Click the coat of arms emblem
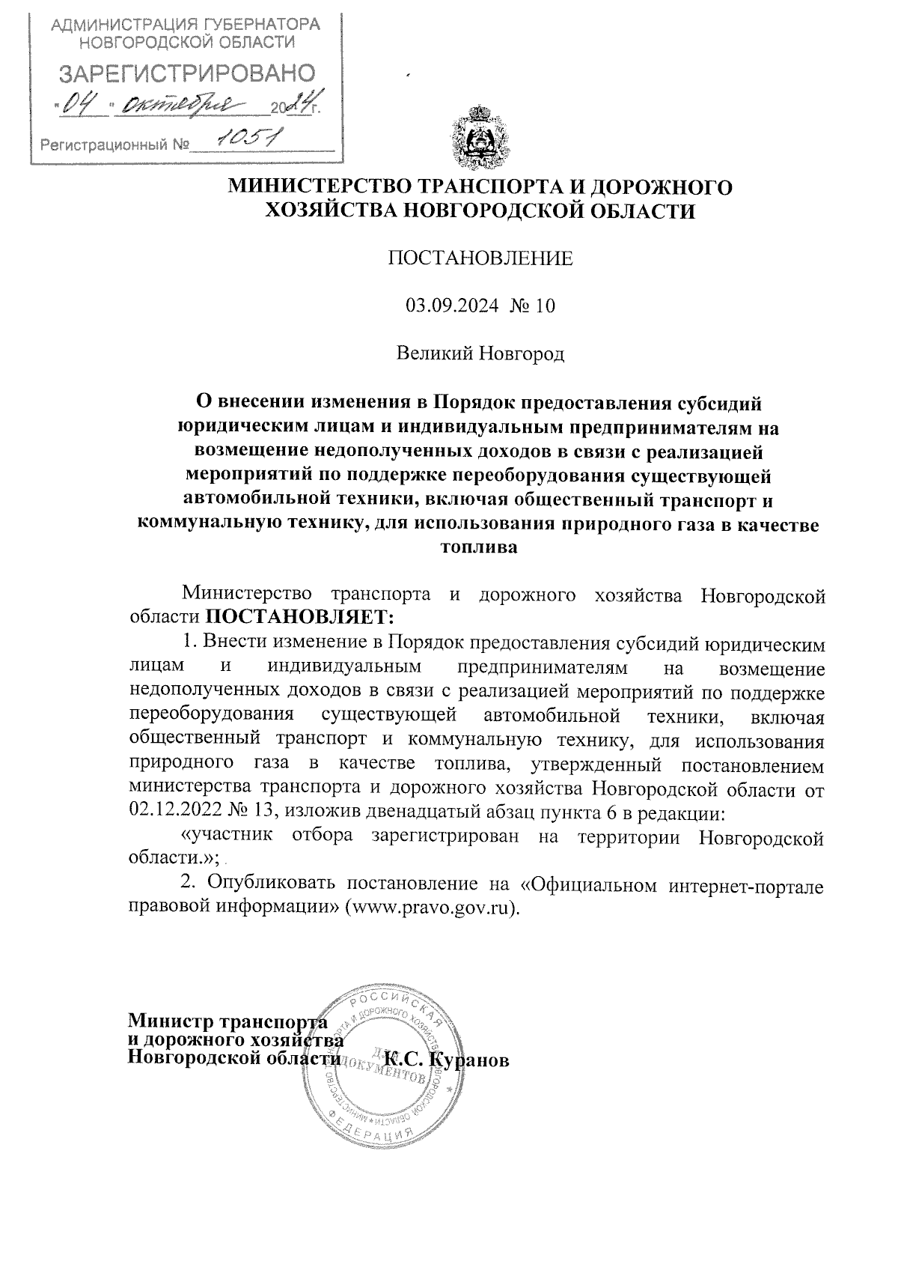tap(478, 137)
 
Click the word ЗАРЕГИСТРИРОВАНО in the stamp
tap(186, 73)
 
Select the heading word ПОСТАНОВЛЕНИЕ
tap(480, 258)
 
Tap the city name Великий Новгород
tap(480, 353)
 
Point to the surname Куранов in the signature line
tap(471, 1060)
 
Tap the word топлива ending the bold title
tap(480, 547)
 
